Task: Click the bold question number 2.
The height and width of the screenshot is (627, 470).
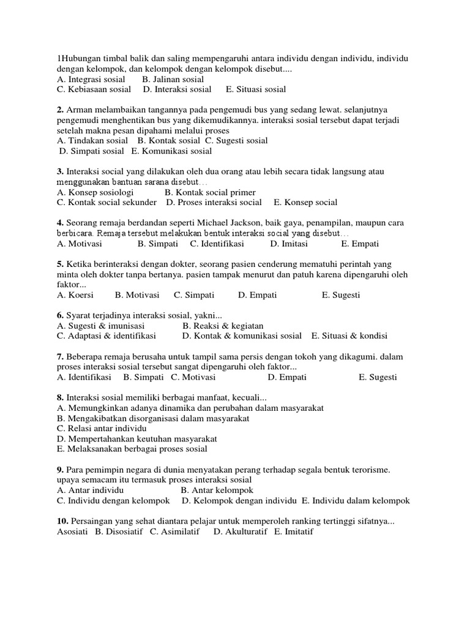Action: pos(60,110)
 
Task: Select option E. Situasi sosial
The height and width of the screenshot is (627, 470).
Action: pos(255,89)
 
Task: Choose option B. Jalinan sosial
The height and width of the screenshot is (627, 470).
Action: pos(173,79)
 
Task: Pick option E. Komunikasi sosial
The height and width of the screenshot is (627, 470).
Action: pos(172,151)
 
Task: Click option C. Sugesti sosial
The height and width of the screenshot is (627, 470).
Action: pos(236,141)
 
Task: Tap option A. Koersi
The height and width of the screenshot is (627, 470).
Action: pos(75,295)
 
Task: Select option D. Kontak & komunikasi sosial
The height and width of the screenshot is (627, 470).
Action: pos(242,336)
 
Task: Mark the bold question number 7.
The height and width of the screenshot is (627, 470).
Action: pos(60,356)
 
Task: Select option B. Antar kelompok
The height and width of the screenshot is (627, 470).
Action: pos(217,490)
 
